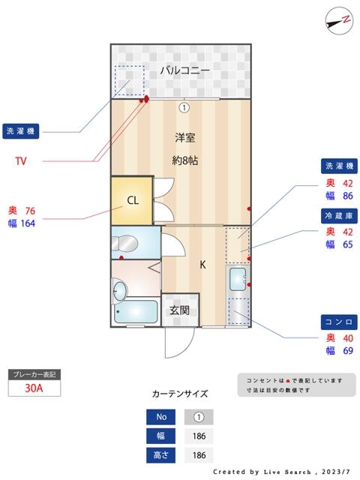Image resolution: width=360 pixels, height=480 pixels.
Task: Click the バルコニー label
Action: coord(184,70)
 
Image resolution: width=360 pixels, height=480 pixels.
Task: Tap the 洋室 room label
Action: coord(185,138)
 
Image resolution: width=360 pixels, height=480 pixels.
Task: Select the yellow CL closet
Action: coord(132,200)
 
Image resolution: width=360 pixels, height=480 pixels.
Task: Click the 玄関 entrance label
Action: coord(178,310)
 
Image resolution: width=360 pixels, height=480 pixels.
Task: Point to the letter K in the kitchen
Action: coord(202,265)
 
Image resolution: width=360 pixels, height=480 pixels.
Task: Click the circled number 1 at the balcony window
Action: coord(184,107)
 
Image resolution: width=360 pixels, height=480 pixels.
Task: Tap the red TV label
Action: coord(23,160)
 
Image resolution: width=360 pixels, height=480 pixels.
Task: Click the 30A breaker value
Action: coord(33,388)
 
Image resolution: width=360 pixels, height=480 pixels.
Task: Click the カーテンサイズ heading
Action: coord(180,393)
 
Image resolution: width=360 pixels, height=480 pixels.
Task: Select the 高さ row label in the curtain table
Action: coord(162,454)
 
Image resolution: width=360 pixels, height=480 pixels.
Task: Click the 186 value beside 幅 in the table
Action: coord(199,436)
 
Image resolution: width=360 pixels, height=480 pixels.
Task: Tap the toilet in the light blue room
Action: coord(128,242)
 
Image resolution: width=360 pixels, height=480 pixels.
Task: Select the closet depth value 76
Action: coord(30,211)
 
